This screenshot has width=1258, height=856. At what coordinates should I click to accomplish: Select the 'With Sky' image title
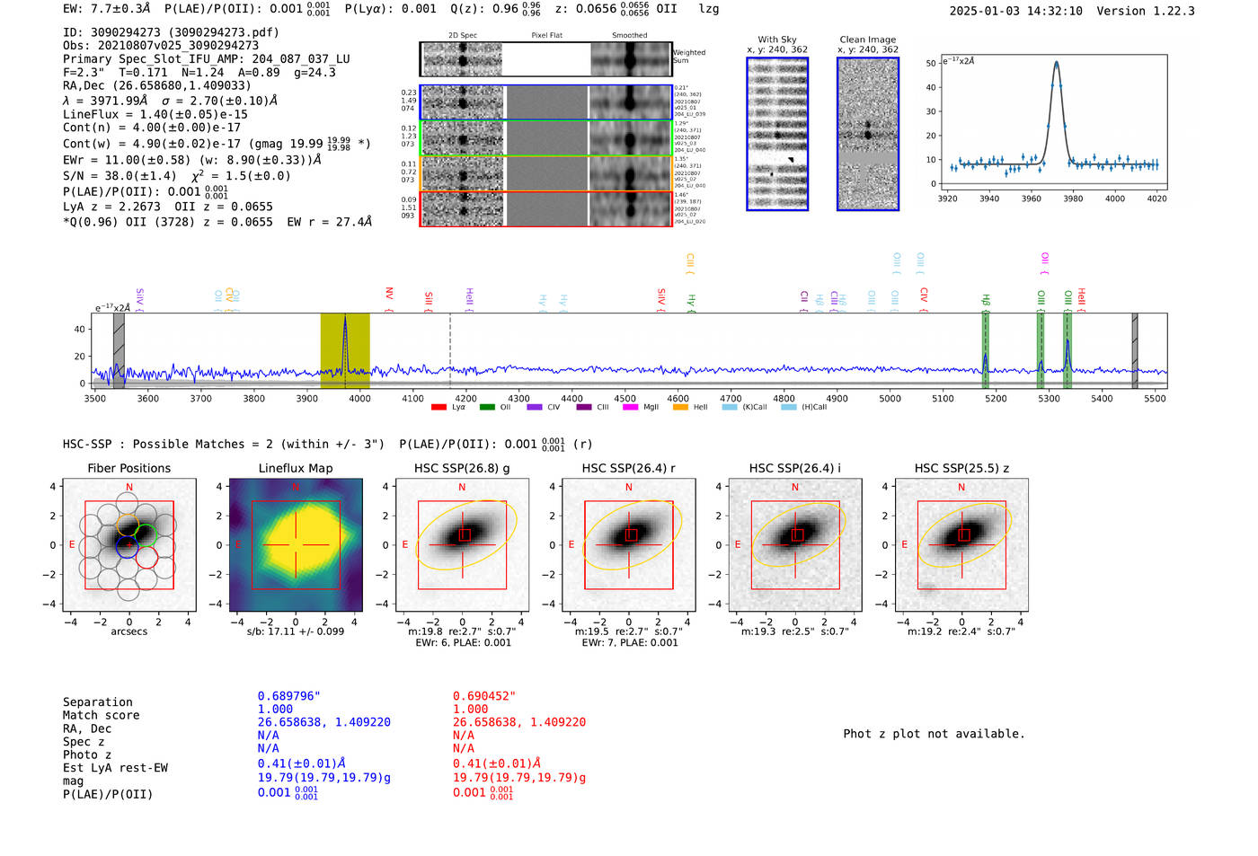tap(777, 40)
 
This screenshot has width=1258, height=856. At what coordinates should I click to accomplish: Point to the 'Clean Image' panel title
tap(867, 40)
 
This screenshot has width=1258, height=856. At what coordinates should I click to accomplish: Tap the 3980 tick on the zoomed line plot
tap(1073, 199)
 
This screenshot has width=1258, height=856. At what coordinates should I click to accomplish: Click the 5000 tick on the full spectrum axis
tap(890, 399)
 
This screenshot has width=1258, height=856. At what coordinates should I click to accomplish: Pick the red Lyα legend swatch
tap(439, 408)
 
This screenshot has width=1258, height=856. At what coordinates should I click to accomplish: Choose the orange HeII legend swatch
tap(680, 408)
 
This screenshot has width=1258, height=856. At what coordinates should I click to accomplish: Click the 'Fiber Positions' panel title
tap(128, 468)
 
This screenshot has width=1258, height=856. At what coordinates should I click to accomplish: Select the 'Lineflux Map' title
tap(296, 468)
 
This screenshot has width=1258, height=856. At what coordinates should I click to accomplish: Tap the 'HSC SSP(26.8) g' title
tap(462, 468)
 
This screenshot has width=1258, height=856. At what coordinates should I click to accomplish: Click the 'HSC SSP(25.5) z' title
tap(961, 468)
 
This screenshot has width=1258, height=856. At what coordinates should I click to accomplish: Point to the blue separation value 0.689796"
tap(289, 696)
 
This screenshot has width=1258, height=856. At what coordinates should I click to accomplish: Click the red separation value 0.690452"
tap(484, 696)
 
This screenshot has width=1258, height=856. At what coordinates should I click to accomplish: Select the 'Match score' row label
tap(102, 715)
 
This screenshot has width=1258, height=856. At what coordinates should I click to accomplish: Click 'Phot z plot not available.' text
tap(934, 734)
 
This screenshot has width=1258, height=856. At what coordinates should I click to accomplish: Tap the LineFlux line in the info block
tap(155, 114)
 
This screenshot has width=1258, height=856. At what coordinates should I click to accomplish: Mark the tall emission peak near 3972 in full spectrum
tap(345, 322)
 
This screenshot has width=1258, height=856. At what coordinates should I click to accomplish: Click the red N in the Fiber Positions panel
tap(129, 487)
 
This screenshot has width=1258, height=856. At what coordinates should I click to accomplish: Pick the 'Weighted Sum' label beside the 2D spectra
tap(689, 57)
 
